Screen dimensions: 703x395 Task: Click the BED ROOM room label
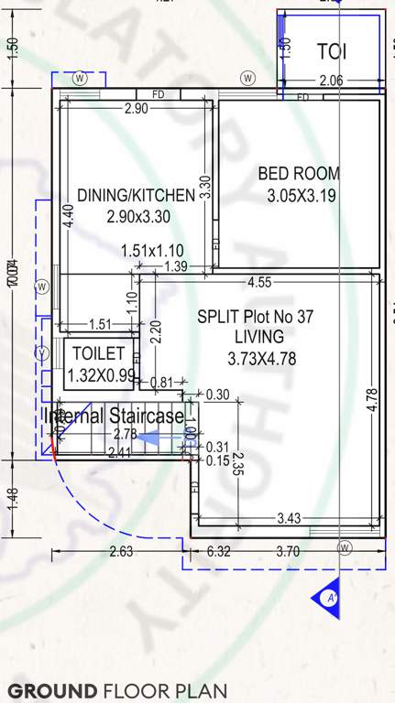point(299,173)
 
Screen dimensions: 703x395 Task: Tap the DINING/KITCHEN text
point(136,195)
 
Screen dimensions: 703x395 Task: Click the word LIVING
point(259,336)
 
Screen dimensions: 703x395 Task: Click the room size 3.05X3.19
point(299,195)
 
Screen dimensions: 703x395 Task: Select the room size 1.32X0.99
point(101,374)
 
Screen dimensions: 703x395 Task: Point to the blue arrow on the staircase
point(147,439)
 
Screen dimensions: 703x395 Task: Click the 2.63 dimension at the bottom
point(121,551)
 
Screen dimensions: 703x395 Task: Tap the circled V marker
point(41,354)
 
